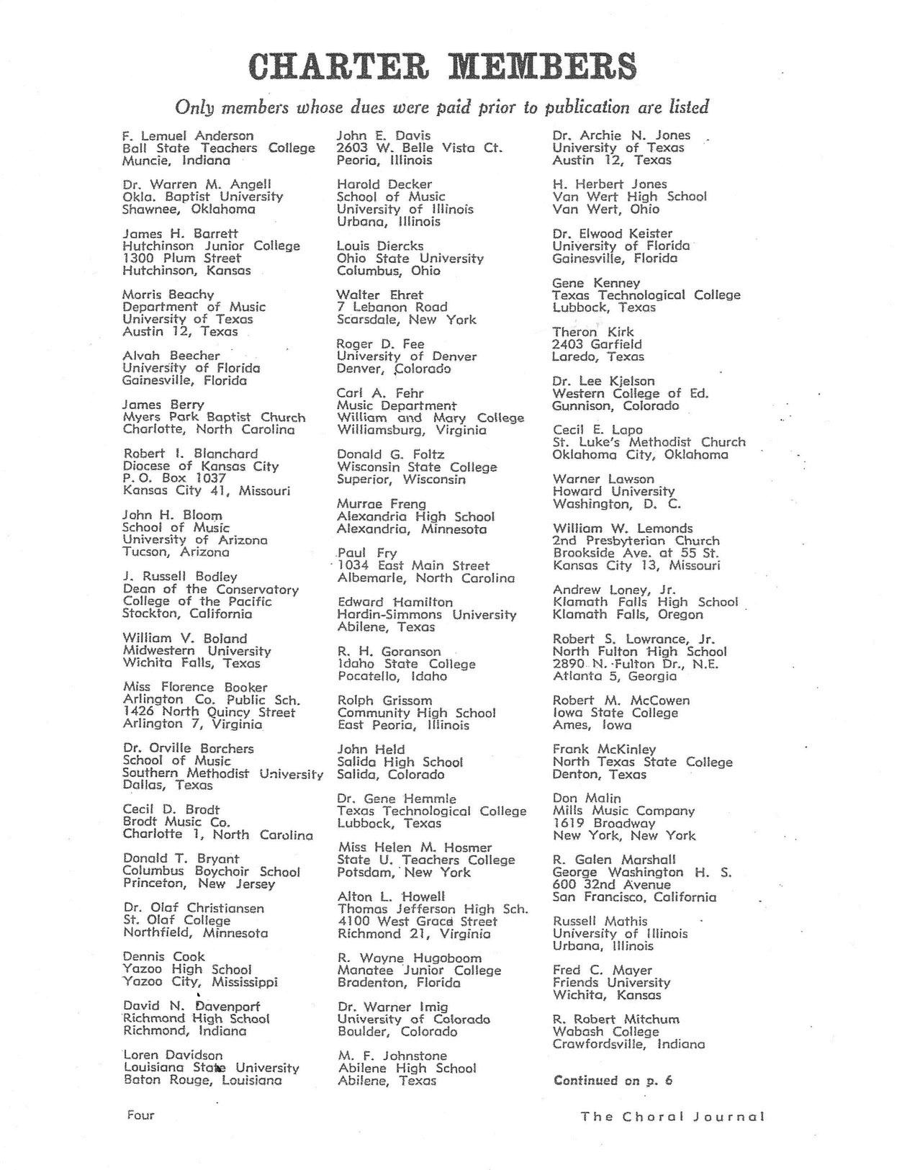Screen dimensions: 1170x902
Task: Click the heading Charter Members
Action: (x=442, y=66)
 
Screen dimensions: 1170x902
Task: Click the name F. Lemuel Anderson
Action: (x=188, y=135)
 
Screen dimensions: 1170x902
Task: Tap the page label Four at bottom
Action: (x=140, y=1115)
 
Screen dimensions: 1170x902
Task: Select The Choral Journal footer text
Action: (x=672, y=1117)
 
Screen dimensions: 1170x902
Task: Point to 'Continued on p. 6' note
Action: (x=613, y=1080)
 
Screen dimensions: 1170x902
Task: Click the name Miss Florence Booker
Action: (x=195, y=688)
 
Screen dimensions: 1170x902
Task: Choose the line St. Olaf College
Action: (x=176, y=920)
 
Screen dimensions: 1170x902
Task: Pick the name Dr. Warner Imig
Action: (x=392, y=1007)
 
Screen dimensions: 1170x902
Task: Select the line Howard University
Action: (x=613, y=491)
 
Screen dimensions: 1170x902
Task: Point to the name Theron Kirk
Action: (x=593, y=332)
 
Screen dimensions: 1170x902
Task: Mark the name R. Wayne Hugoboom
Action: (x=410, y=958)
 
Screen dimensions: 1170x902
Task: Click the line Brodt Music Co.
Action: (x=176, y=822)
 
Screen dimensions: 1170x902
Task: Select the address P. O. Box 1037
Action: (x=174, y=478)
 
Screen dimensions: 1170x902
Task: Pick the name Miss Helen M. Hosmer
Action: (x=414, y=847)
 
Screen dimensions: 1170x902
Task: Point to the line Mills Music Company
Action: (x=623, y=811)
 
